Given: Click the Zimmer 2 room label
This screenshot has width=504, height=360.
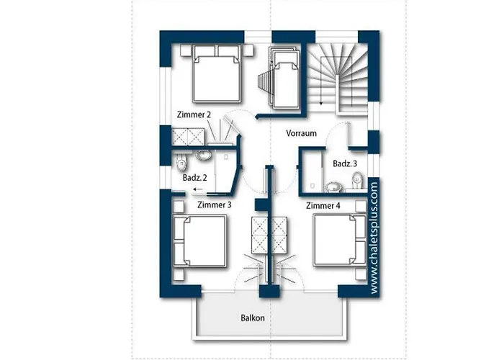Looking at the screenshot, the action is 194,114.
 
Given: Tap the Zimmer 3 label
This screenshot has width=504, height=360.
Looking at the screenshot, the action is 214,204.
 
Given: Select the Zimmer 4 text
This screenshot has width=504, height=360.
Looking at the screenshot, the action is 323,206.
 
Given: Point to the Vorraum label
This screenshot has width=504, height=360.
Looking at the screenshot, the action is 301,133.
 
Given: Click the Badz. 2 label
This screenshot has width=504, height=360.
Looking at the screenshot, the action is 195,177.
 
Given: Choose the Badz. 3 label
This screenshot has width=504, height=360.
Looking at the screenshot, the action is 345,163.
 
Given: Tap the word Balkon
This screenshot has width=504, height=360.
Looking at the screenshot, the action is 253,318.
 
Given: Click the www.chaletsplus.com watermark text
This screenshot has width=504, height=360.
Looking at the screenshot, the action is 374,238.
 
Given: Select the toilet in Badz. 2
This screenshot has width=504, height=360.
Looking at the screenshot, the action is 181,162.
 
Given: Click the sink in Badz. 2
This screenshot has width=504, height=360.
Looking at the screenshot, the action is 203,156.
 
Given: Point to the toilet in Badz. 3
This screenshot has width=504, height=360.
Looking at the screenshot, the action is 357,180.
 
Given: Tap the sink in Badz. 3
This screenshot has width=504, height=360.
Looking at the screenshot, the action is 333,186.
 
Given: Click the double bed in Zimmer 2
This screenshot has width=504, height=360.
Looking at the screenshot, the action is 217,73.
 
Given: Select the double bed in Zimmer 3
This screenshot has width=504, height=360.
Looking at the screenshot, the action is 200,240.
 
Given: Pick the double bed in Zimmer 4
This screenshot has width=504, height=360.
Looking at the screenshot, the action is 340,240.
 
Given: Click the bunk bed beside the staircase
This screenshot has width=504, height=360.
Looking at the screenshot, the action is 285,77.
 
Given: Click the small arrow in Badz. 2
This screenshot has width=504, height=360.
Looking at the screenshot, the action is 198,189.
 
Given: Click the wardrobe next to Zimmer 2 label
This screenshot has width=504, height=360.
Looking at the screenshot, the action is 188,137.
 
